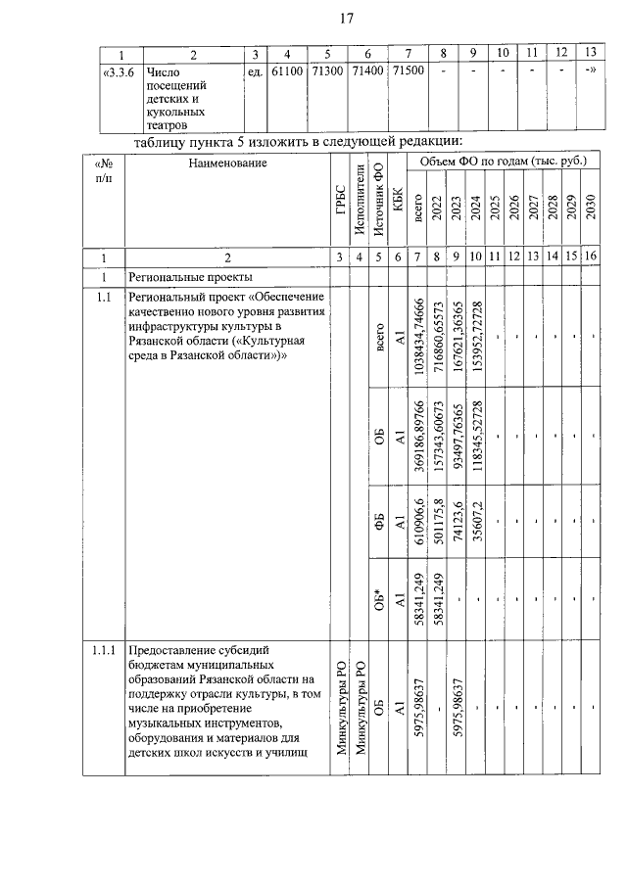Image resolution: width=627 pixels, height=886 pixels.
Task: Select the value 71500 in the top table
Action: pos(408,71)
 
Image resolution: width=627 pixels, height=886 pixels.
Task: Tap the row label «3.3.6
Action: pos(121,71)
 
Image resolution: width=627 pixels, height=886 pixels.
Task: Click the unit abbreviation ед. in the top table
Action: pos(254,71)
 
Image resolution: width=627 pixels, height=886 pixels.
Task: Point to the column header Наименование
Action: pos(227,163)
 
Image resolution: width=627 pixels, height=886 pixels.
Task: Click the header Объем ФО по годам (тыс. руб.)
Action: pos(501,161)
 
